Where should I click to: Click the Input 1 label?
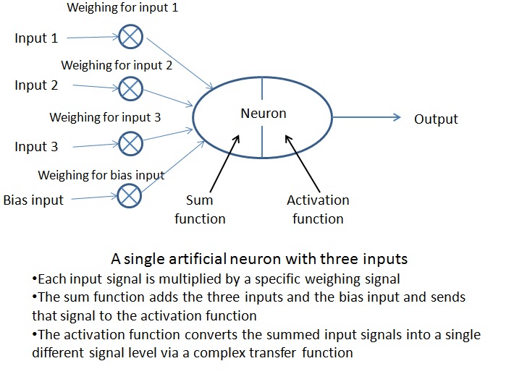36,38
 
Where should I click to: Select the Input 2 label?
36,85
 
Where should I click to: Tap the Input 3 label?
36,147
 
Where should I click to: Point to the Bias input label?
34,199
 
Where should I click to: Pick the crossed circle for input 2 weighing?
130,88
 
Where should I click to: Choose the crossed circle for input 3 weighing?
130,143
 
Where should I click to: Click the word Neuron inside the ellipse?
264,114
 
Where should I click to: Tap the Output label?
436,119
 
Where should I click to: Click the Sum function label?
200,209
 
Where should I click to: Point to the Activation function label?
318,209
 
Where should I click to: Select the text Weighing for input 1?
122,9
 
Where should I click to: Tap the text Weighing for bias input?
101,175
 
